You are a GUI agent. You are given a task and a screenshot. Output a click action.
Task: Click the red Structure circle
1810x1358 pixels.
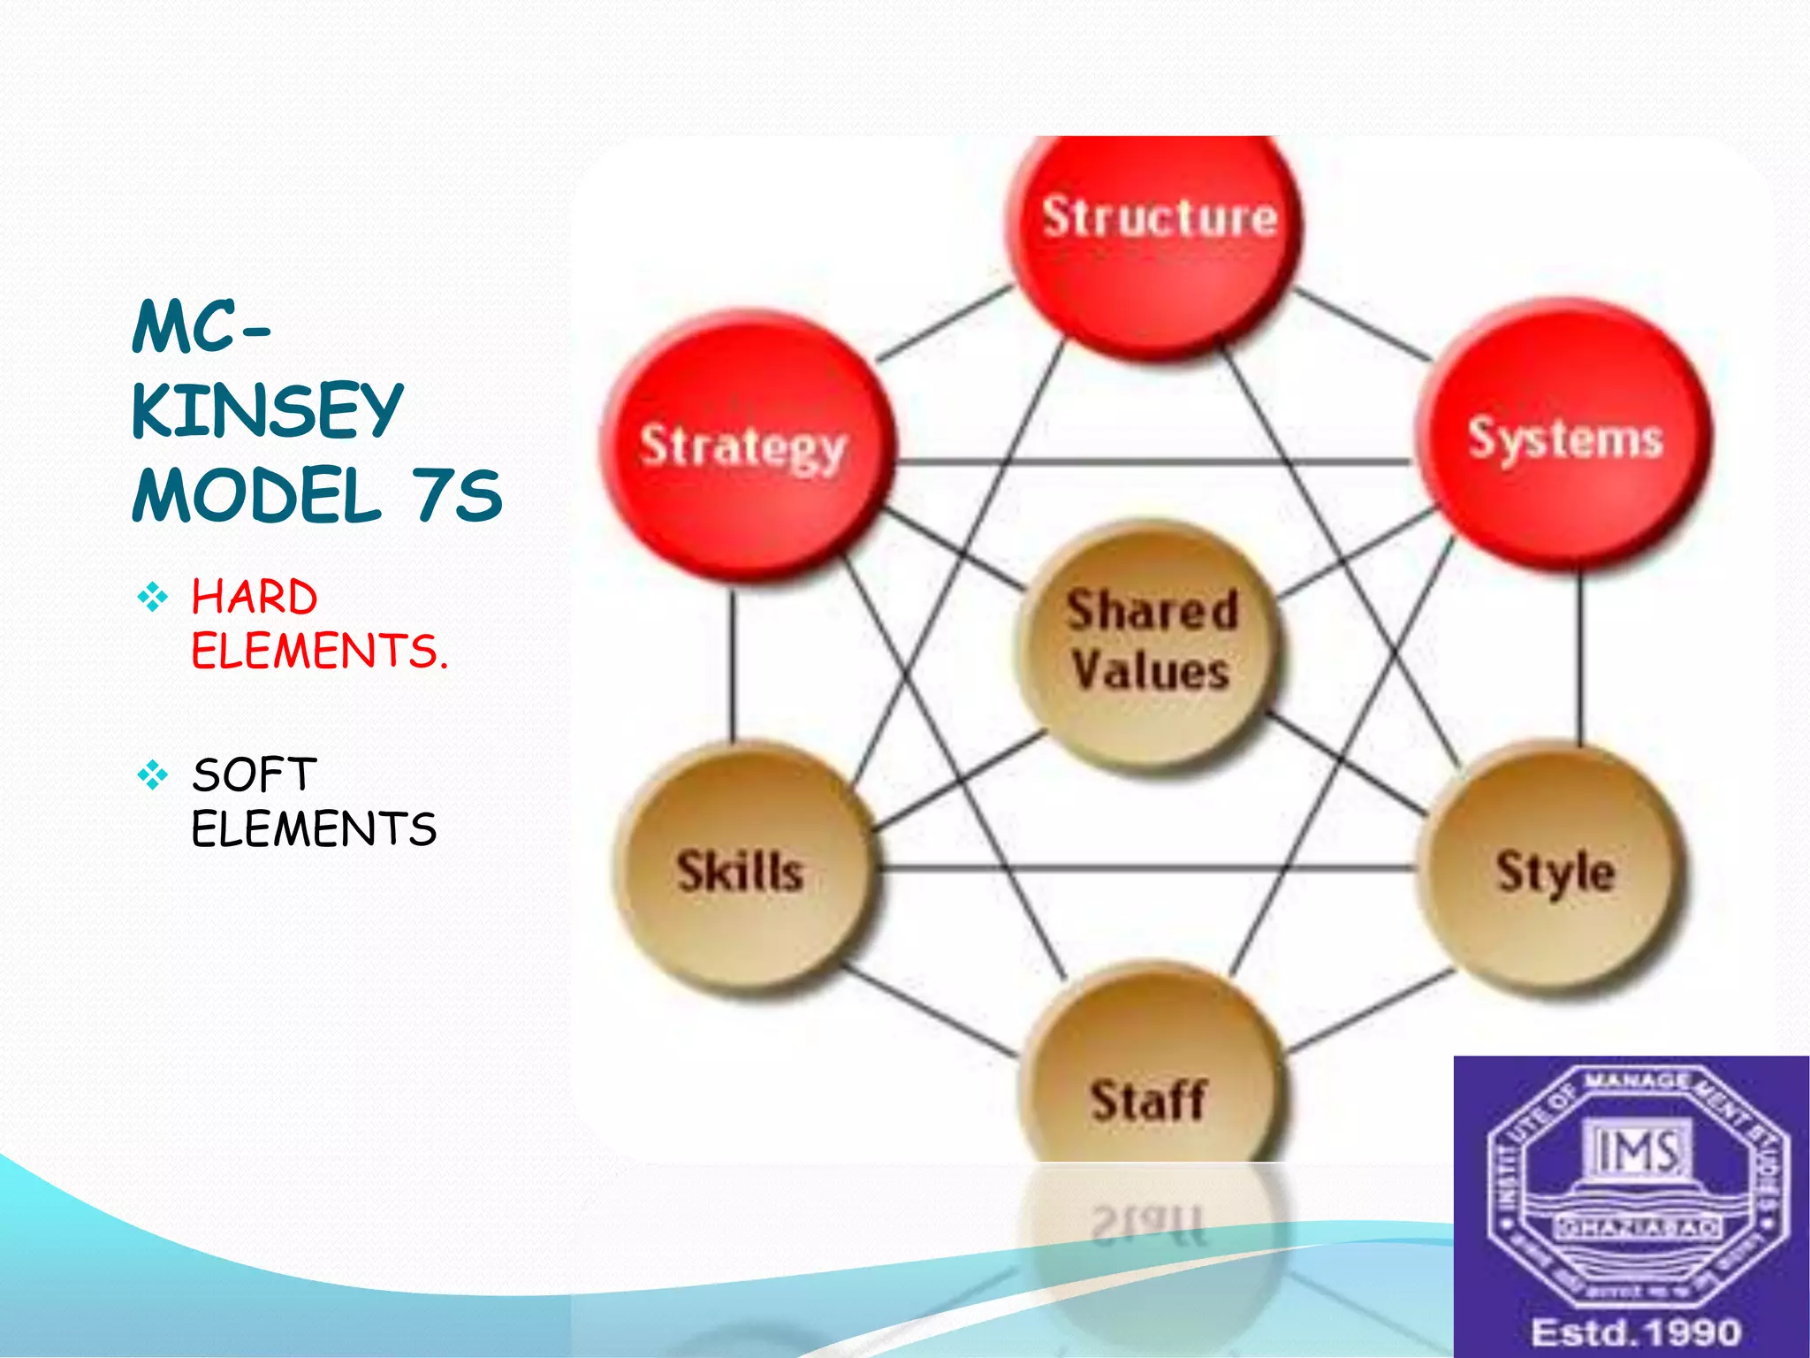1156,239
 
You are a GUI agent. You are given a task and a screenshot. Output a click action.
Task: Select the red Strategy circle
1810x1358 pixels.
747,446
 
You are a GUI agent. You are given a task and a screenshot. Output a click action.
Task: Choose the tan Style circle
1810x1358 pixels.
1554,871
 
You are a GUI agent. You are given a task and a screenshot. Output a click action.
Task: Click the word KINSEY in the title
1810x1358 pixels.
267,410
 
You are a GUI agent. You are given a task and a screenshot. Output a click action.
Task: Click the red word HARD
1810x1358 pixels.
255,597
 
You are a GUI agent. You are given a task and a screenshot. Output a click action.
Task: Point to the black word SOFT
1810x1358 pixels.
255,775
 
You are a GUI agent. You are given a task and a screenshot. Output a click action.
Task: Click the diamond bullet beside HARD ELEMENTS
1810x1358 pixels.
152,598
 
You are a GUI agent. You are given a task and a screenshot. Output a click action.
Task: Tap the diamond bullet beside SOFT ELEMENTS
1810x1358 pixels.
152,775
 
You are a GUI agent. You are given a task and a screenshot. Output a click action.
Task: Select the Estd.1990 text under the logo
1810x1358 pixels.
1635,1331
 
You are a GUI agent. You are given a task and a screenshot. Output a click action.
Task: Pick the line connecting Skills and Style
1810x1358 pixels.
1149,867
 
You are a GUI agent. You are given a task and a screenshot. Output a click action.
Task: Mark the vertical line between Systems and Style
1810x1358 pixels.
1580,659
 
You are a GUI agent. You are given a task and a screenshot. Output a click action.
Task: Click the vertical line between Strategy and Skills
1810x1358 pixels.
732,663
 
